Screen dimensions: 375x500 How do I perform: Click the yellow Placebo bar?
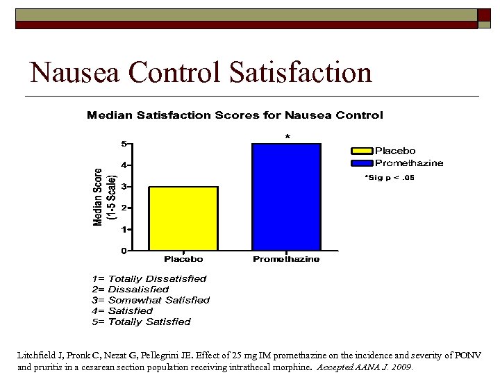click(183, 218)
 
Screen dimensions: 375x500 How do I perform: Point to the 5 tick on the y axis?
click(124, 144)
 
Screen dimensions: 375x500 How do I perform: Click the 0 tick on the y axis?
click(124, 250)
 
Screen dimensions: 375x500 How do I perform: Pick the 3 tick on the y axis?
click(124, 186)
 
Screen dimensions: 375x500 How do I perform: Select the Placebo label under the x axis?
click(183, 259)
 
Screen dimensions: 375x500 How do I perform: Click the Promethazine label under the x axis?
click(286, 259)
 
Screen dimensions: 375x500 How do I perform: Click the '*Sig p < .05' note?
click(390, 178)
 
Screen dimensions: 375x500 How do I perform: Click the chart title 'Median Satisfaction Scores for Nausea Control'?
click(235, 115)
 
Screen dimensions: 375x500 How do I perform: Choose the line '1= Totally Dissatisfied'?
click(149, 278)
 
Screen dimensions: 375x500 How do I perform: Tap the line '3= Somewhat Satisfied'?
click(151, 300)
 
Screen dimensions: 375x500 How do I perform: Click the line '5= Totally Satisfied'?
click(141, 322)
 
